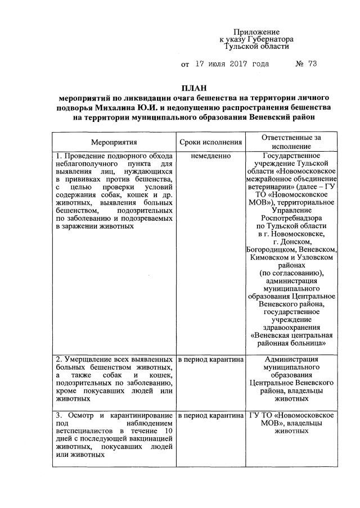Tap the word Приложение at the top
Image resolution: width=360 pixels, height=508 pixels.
[256, 33]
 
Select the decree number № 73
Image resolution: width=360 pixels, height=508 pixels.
[307, 64]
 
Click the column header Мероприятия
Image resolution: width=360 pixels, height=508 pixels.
[114, 143]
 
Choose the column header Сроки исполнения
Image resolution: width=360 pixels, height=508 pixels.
[210, 143]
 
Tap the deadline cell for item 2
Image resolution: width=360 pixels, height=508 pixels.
[210, 359]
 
